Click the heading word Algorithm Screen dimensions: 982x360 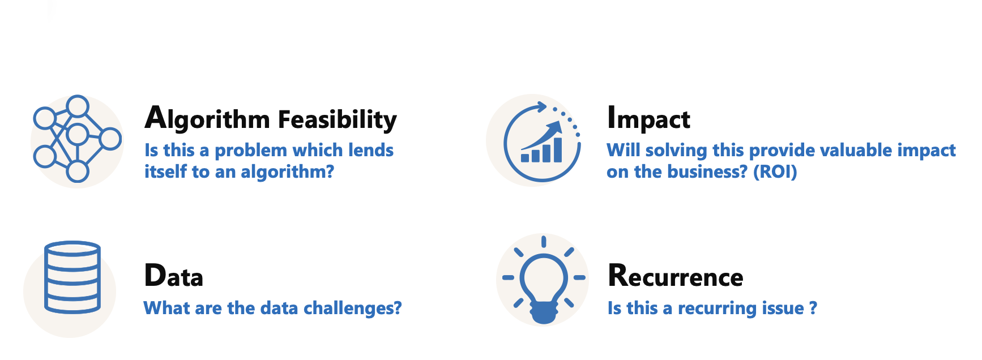point(207,119)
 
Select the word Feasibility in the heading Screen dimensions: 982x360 point(338,119)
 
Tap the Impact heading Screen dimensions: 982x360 point(648,119)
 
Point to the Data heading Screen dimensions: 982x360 point(174,276)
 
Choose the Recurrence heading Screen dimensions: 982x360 point(676,276)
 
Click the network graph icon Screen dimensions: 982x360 point(78,139)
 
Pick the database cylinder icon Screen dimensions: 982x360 point(72,277)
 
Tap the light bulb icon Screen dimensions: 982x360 point(544,280)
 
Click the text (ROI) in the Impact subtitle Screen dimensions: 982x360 point(775,172)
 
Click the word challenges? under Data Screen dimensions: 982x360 point(352,308)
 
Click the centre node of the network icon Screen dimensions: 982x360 point(78,135)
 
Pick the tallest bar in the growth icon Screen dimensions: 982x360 point(557,149)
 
